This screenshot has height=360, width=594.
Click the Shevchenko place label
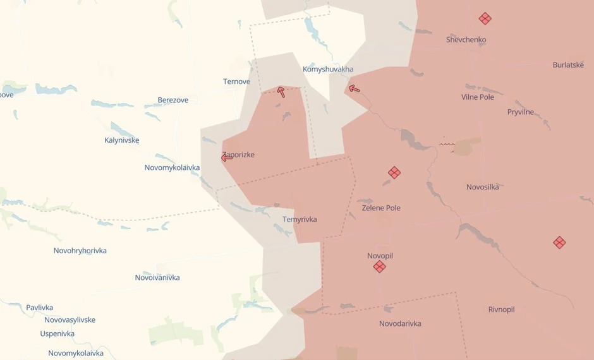click(466, 40)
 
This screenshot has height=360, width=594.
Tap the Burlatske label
click(568, 65)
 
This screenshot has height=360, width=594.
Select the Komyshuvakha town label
click(328, 69)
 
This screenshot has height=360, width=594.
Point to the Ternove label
click(236, 81)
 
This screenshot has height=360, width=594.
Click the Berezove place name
click(173, 100)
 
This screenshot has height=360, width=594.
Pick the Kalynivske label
click(121, 140)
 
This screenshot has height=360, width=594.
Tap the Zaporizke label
click(239, 155)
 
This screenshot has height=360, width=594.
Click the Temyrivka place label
click(300, 220)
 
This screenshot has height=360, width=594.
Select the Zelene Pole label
click(381, 208)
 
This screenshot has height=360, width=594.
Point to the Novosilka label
click(482, 187)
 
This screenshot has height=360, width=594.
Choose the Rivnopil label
click(501, 309)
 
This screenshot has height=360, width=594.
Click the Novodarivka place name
click(400, 324)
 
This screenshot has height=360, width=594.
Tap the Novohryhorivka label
click(80, 251)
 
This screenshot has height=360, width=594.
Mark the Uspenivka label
click(57, 333)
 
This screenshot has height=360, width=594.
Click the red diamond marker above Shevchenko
click(485, 18)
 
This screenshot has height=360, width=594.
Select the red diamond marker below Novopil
click(379, 267)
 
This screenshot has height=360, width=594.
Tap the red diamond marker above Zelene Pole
click(394, 172)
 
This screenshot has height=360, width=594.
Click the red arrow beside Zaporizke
click(226, 157)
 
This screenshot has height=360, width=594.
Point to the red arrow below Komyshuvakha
click(355, 89)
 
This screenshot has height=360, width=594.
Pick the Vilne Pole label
click(478, 97)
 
